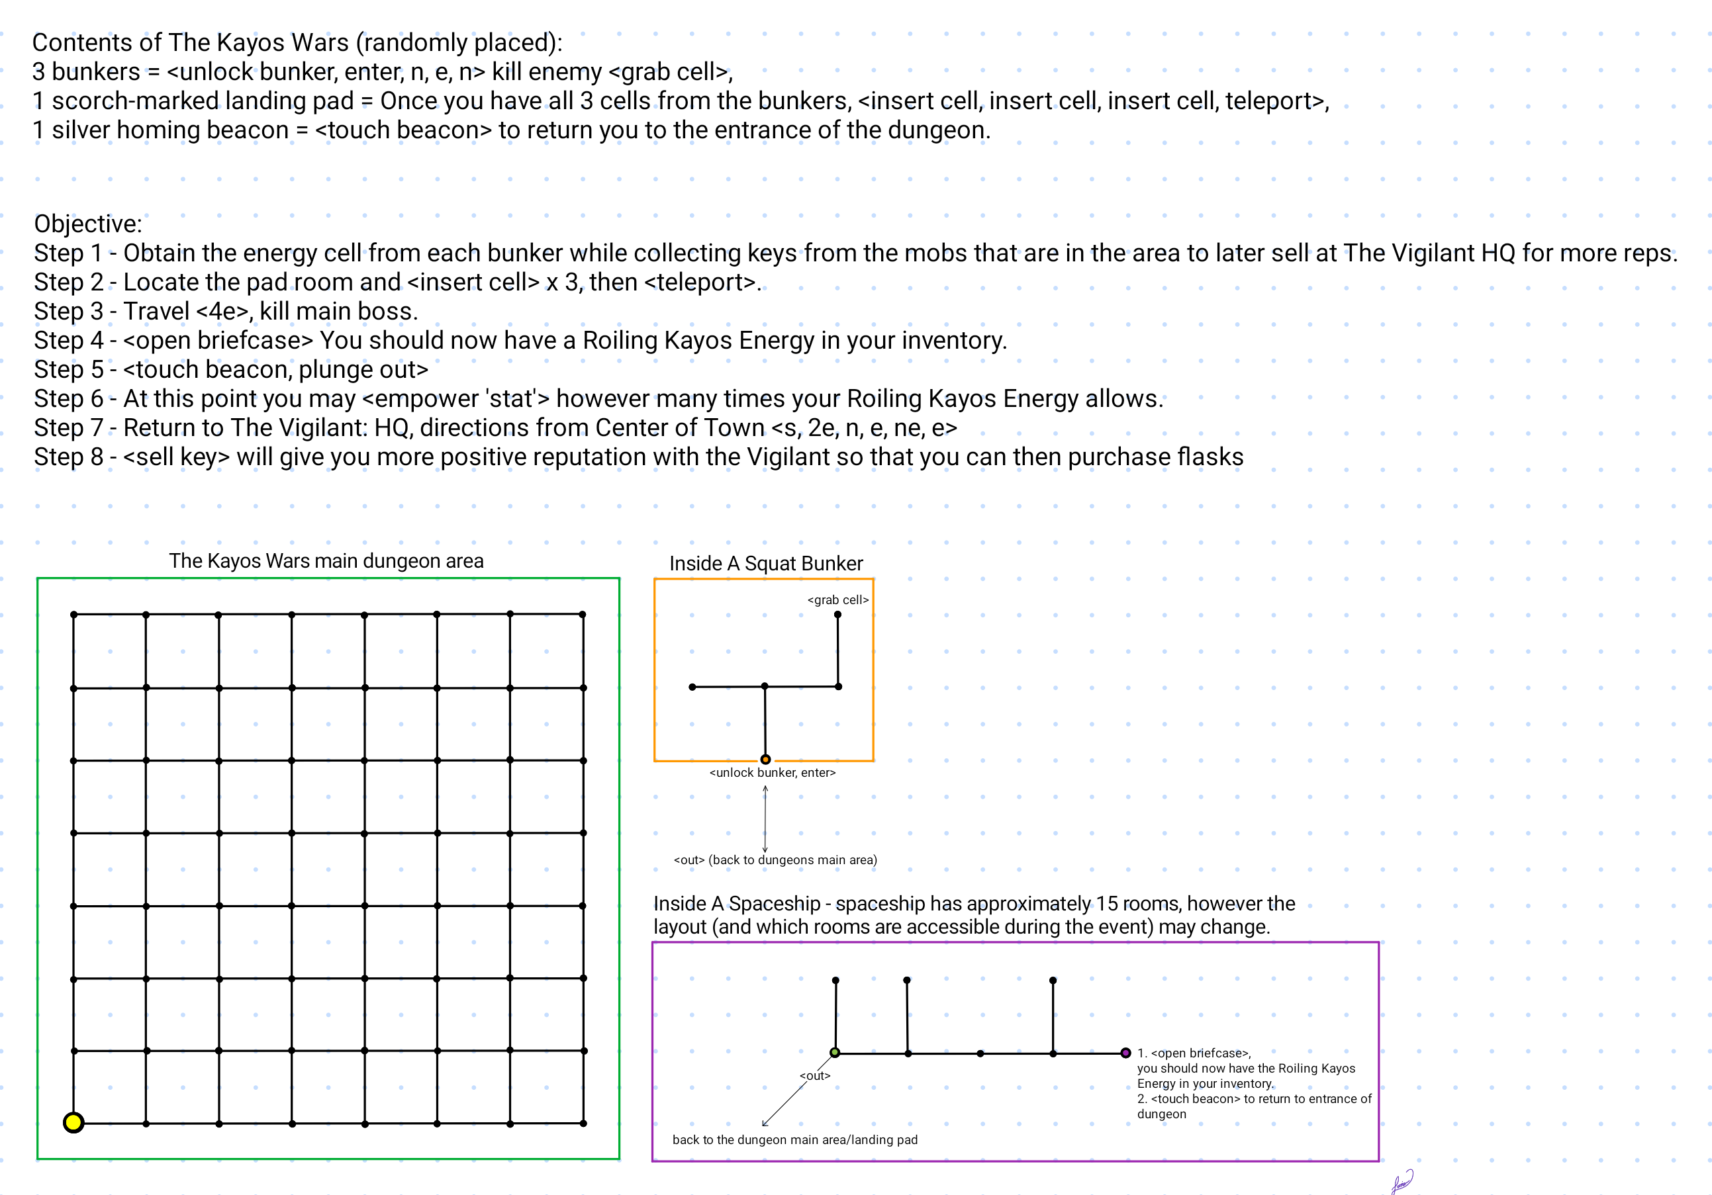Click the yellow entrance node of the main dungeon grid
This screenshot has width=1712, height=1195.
click(73, 1122)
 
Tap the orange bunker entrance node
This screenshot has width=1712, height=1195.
click(765, 760)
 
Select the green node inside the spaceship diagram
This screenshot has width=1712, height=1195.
click(835, 1053)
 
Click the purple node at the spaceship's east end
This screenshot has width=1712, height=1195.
click(1125, 1053)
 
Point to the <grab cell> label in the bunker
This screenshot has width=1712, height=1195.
click(837, 600)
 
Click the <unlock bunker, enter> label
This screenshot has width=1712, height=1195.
click(772, 773)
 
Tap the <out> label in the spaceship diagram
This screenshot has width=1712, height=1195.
click(814, 1076)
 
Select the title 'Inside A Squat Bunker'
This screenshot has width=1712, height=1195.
click(766, 564)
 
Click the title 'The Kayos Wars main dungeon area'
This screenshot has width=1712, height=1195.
click(326, 560)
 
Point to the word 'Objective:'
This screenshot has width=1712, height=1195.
click(88, 224)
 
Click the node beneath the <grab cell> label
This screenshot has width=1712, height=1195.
click(837, 615)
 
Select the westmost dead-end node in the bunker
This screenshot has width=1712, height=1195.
click(692, 687)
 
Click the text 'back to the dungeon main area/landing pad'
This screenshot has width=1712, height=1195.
click(795, 1140)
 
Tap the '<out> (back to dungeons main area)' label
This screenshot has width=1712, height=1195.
click(775, 860)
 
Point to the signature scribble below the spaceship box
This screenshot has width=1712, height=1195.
click(1402, 1181)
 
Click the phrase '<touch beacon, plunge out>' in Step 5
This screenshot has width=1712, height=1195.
click(276, 369)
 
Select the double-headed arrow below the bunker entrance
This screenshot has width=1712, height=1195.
click(765, 819)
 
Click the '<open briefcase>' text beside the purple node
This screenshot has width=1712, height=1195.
click(1200, 1053)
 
